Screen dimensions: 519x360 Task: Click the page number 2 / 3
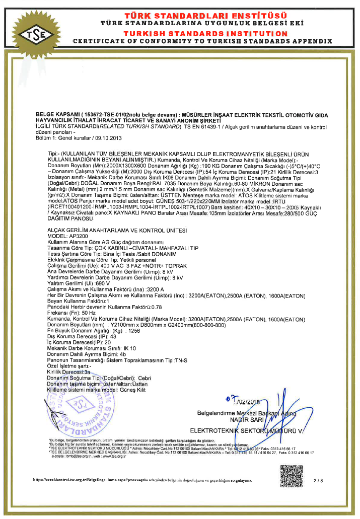[x=318, y=481]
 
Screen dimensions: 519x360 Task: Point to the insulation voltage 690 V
[x=89, y=283]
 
